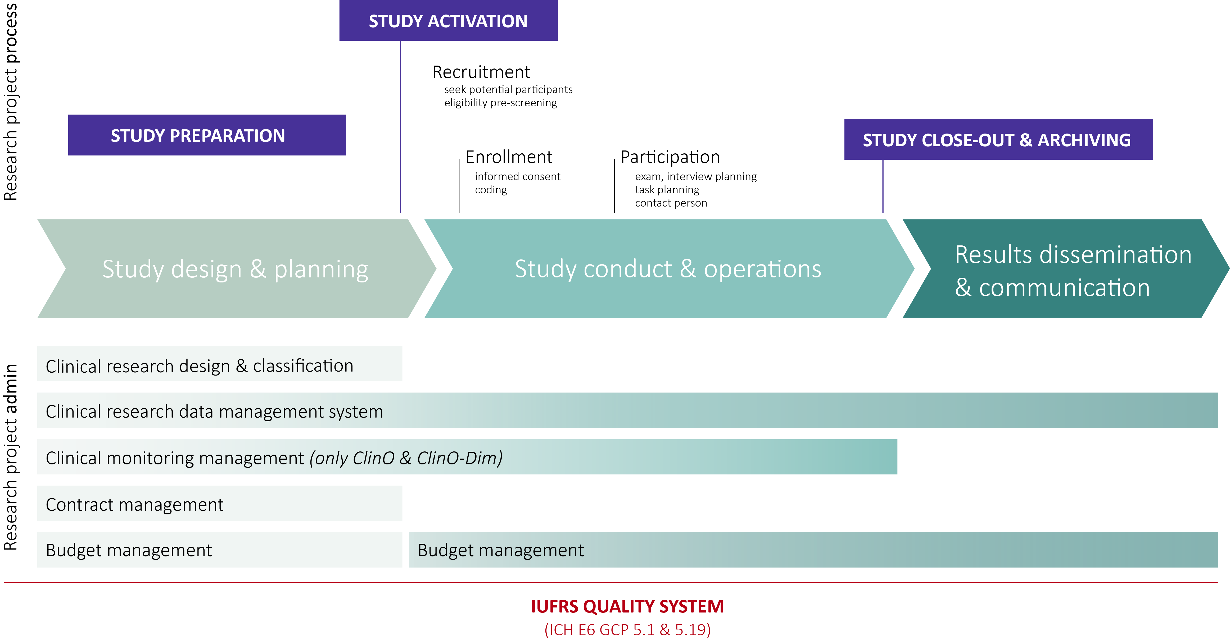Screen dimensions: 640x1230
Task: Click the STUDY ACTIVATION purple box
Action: [448, 21]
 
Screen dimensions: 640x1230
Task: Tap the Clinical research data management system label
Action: [214, 412]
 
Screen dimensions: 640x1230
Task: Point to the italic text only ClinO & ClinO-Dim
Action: [406, 458]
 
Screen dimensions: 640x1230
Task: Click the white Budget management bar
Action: [220, 550]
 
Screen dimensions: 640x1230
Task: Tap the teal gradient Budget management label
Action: [500, 550]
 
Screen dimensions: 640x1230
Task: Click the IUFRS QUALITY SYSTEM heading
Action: [627, 606]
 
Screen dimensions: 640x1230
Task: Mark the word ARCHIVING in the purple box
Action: [1084, 140]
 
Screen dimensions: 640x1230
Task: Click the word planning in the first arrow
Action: [321, 270]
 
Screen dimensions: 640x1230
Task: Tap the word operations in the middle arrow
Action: [763, 270]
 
